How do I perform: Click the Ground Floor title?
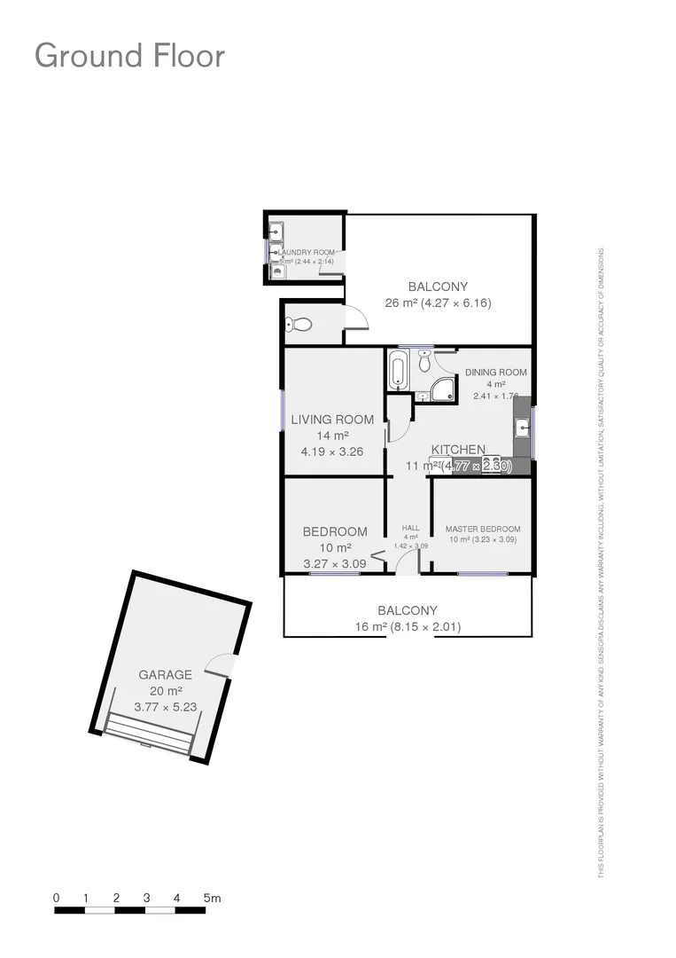pos(129,56)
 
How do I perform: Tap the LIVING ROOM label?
pos(332,420)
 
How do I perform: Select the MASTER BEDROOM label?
pos(482,529)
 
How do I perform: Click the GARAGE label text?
pos(165,674)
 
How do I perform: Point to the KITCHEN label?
pos(458,450)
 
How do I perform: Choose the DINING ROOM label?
pos(495,373)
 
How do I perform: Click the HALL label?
pos(410,528)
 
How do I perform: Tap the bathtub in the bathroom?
pos(397,369)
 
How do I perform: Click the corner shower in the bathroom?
pos(442,389)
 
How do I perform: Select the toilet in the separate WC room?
pos(299,326)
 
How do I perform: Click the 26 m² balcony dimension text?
pos(438,302)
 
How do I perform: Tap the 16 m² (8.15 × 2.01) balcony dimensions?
pos(408,627)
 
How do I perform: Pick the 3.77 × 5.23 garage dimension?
pos(165,707)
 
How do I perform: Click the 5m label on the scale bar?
pos(212,898)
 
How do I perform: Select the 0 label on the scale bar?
pos(57,898)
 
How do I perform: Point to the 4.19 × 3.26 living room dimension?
pos(332,451)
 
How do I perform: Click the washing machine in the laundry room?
pos(277,272)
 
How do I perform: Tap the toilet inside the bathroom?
pos(424,360)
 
